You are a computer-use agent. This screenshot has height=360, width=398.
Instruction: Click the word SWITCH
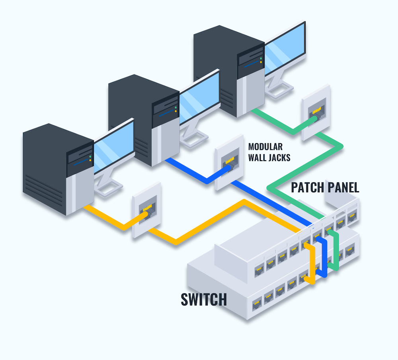point(204,299)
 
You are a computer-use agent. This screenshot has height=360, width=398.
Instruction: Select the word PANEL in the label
point(343,187)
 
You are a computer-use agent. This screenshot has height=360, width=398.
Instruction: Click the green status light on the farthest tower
point(261,58)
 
